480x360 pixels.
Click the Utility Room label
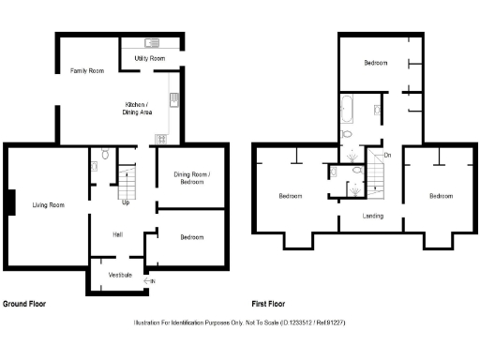pos(150,58)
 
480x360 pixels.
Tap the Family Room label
pos(87,71)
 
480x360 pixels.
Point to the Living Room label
pos(49,204)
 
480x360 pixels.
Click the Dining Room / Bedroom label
pos(191,179)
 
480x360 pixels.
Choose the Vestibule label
pos(119,275)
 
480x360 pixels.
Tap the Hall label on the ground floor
pos(118,234)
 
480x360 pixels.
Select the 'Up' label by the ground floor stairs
pos(126,202)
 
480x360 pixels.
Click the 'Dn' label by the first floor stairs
pos(386,155)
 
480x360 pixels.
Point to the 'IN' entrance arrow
pos(151,280)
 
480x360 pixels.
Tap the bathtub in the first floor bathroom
pos(345,110)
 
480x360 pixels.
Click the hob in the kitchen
pos(160,140)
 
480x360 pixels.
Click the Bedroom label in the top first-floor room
pos(376,63)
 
